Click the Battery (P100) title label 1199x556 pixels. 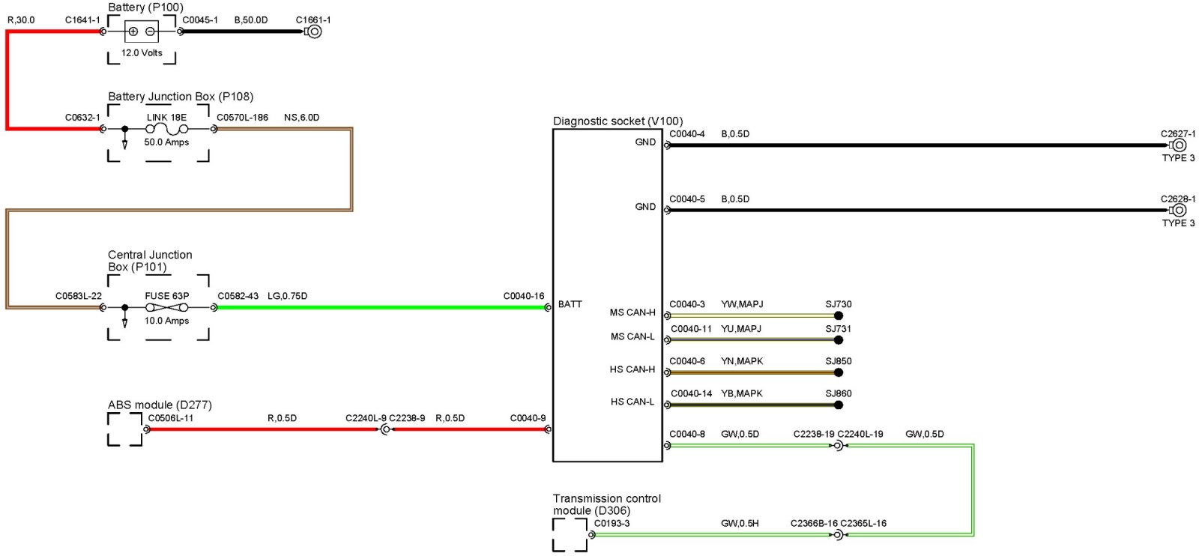click(x=145, y=7)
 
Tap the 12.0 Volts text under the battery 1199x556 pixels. click(x=142, y=53)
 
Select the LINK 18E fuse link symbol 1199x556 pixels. click(x=166, y=129)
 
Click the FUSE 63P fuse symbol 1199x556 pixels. click(x=166, y=307)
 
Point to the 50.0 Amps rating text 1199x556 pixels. click(x=166, y=142)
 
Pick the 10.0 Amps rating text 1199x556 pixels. click(x=166, y=321)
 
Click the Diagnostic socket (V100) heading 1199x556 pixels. click(x=617, y=121)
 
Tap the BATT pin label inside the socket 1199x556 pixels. click(x=570, y=304)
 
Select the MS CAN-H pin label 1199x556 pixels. click(x=632, y=312)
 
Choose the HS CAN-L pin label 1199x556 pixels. click(x=632, y=402)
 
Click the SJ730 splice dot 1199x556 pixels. click(x=839, y=315)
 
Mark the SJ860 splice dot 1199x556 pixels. click(x=839, y=405)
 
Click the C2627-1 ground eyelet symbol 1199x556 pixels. click(x=1179, y=145)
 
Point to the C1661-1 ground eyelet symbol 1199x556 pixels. click(x=314, y=31)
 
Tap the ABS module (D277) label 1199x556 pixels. click(x=160, y=405)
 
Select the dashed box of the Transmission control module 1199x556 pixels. click(x=570, y=535)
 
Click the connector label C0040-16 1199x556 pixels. click(x=523, y=296)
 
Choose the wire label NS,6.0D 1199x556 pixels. click(x=301, y=118)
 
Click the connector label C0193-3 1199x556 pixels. click(x=611, y=523)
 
